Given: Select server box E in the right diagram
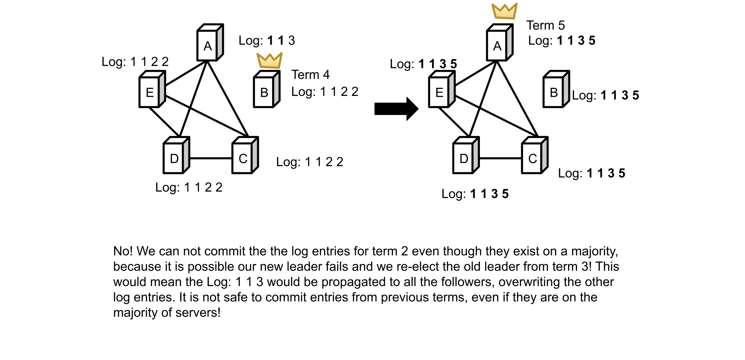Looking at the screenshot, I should pyautogui.click(x=441, y=90).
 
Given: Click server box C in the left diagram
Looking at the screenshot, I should pyautogui.click(x=245, y=156).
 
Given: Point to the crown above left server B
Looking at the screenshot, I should pyautogui.click(x=269, y=60).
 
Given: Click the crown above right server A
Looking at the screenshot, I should pyautogui.click(x=504, y=11).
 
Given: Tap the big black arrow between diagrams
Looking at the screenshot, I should pyautogui.click(x=396, y=109).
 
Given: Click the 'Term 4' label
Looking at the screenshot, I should pyautogui.click(x=310, y=75).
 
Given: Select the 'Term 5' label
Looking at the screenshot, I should pyautogui.click(x=545, y=25).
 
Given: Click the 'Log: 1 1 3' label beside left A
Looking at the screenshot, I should pyautogui.click(x=267, y=41).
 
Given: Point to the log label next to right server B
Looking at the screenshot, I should pyautogui.click(x=605, y=95).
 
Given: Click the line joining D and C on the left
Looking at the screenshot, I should pyautogui.click(x=210, y=158).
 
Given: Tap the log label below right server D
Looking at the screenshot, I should pyautogui.click(x=475, y=194).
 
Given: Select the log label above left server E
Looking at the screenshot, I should pyautogui.click(x=135, y=62).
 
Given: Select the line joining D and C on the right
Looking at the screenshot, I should pyautogui.click(x=500, y=158).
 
